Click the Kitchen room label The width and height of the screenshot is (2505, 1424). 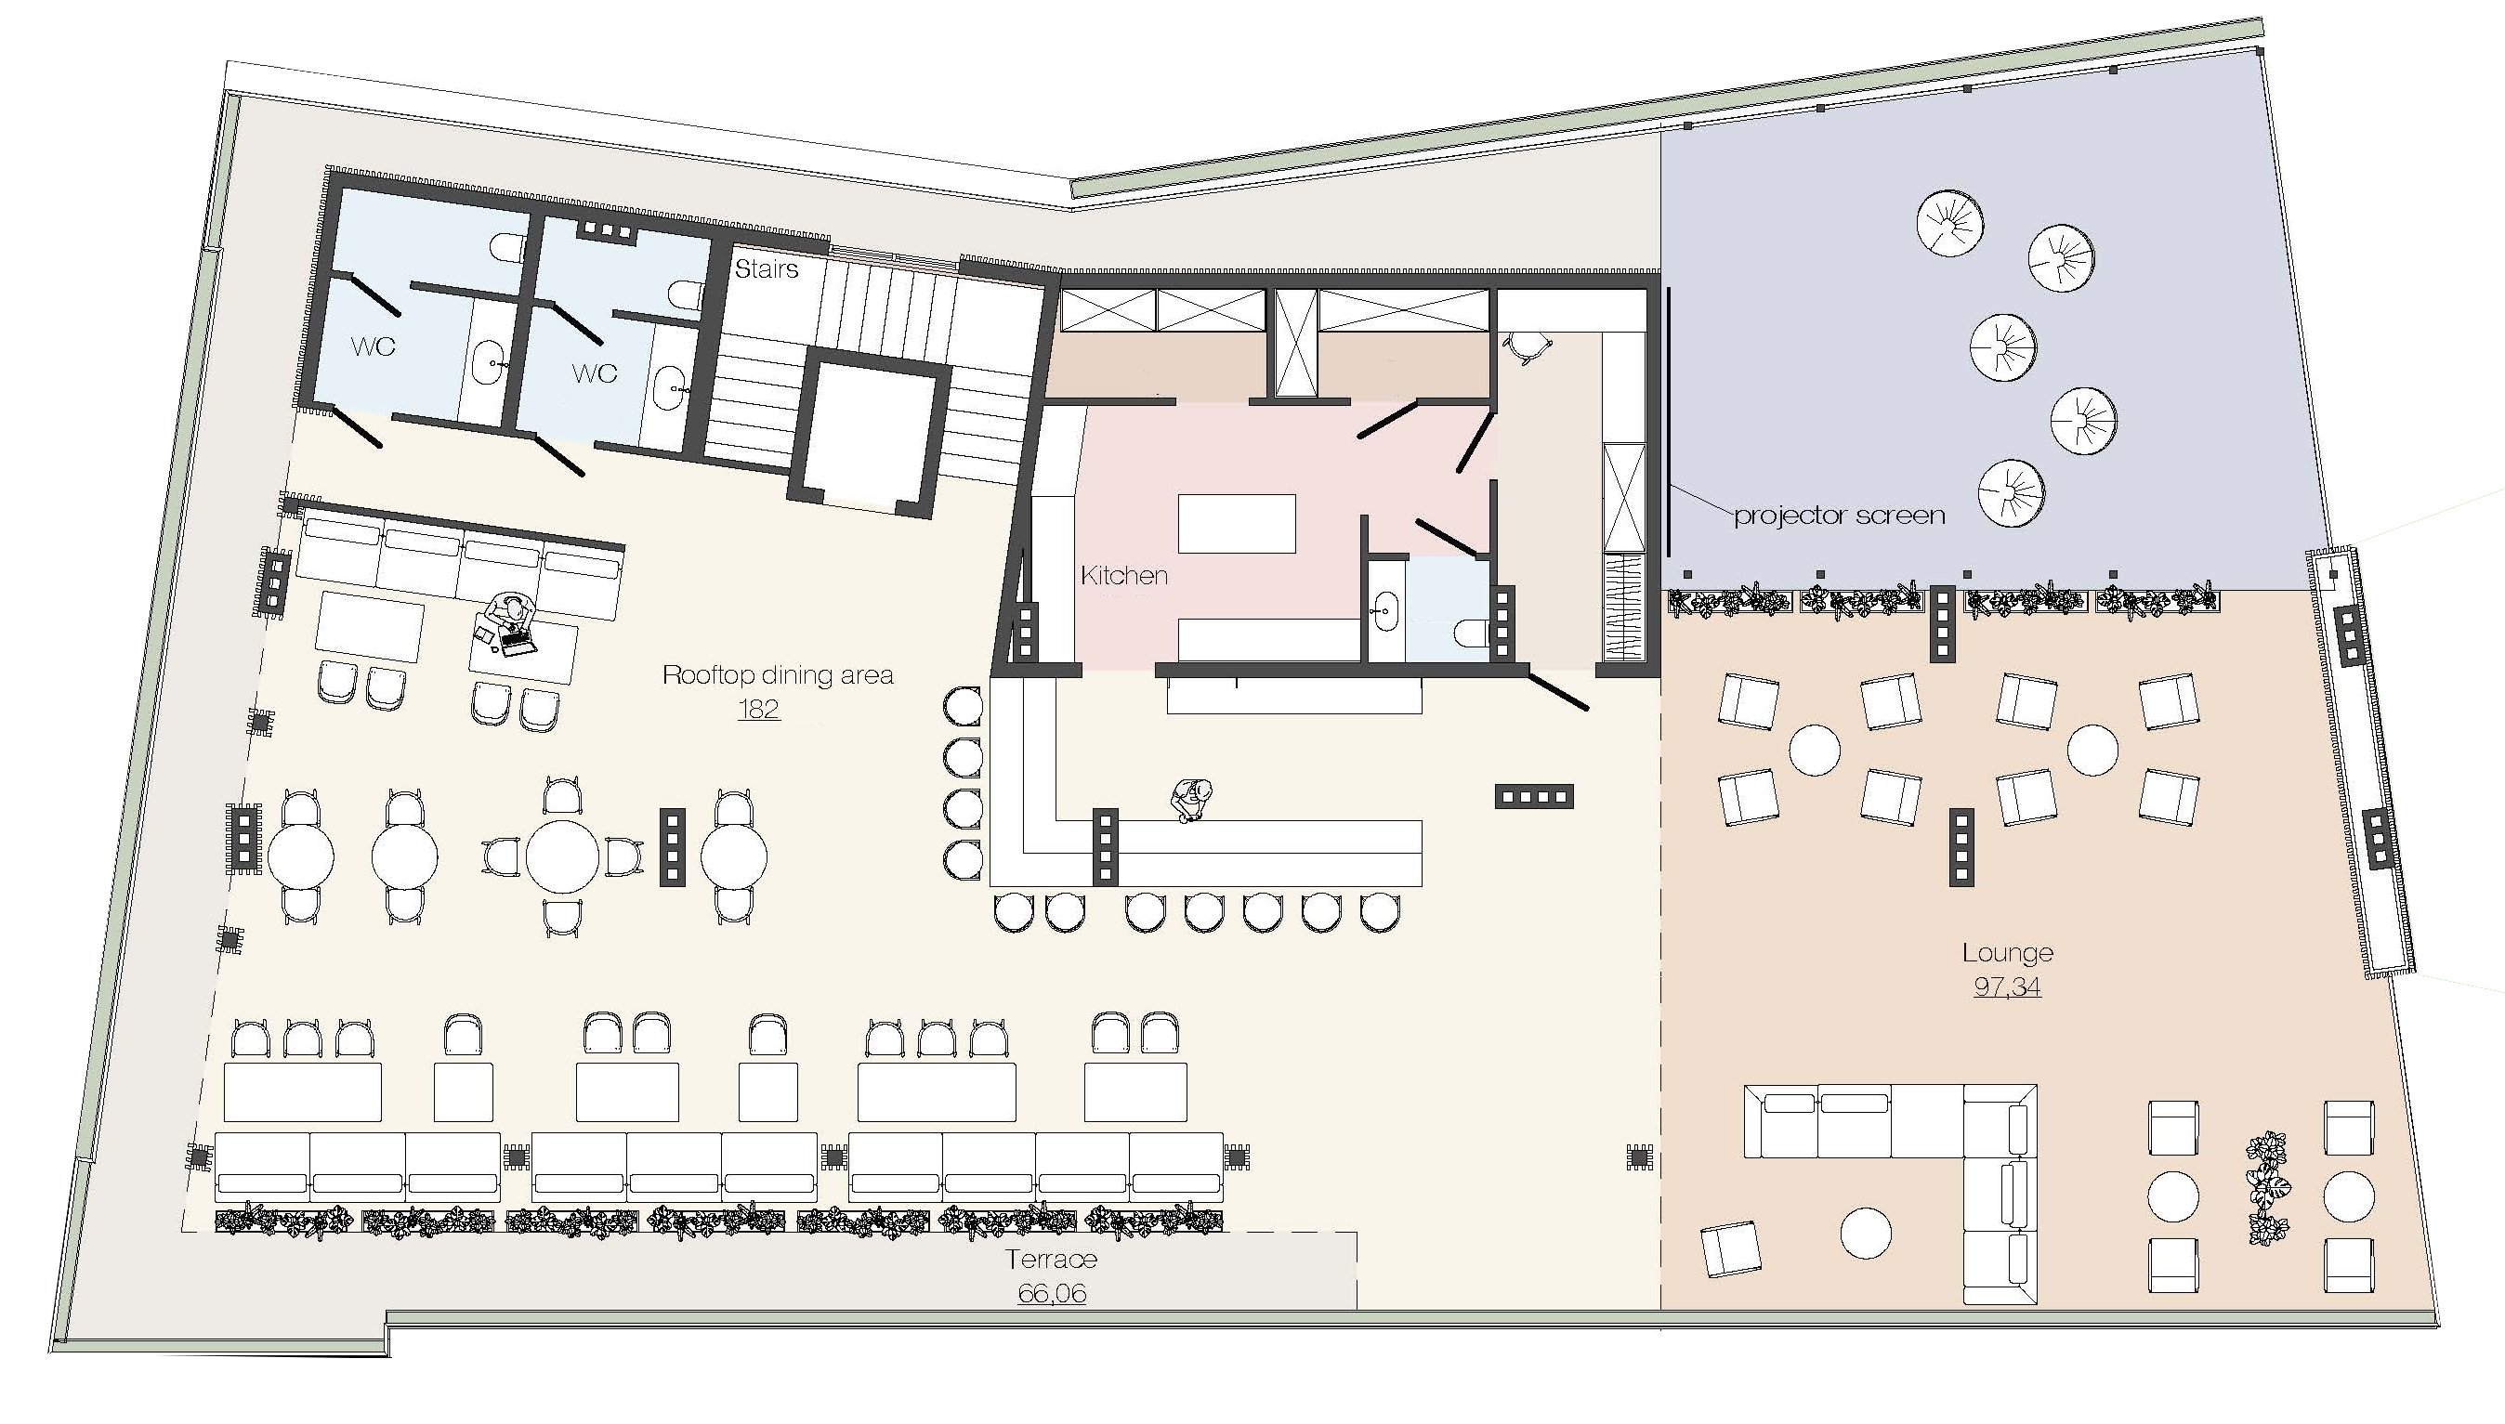coord(1124,575)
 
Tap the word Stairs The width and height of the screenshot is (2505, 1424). coord(766,269)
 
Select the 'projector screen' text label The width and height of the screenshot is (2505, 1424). coord(1839,516)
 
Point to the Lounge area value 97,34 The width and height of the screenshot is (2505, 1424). coord(2007,986)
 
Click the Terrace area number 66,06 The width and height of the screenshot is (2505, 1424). coord(1052,1293)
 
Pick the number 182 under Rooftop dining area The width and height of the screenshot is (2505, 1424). coord(758,708)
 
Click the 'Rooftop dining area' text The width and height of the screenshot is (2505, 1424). coord(778,674)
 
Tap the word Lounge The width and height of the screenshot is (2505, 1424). coord(2007,953)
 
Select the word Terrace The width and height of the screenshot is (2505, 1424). coord(1052,1259)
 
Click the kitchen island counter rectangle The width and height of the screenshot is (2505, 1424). coord(1237,524)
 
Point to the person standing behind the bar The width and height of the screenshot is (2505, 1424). coord(1191,802)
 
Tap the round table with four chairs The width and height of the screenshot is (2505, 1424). coord(562,856)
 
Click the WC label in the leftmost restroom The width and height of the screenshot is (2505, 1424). coord(373,346)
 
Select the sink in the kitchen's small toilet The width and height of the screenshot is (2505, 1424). coord(1385,610)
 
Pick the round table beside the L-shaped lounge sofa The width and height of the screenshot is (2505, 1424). coord(1866,1234)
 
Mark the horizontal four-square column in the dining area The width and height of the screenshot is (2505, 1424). coord(1534,796)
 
